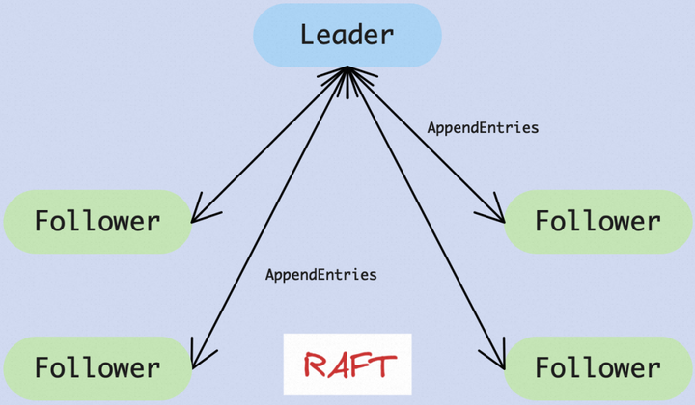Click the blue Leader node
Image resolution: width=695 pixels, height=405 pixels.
(347, 36)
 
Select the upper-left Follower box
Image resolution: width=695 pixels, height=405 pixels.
(97, 222)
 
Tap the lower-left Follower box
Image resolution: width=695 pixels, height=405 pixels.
(97, 367)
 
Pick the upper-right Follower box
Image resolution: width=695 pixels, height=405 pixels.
(598, 222)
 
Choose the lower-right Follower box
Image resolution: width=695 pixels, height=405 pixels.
(598, 367)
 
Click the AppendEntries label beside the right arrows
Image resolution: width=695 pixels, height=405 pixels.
(483, 127)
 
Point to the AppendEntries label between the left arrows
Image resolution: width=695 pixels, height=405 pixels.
(321, 275)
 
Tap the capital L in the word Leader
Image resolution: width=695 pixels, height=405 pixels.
(308, 35)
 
